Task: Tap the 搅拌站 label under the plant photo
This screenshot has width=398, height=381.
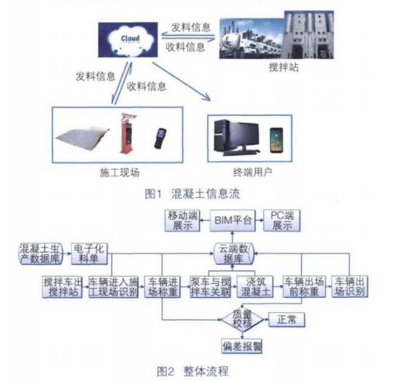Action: tap(281, 68)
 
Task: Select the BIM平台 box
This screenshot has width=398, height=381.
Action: tap(231, 217)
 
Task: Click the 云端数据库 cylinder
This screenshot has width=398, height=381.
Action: tap(233, 253)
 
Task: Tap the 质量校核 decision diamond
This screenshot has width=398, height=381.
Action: tap(239, 319)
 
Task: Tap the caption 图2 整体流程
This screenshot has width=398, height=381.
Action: tap(193, 370)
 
